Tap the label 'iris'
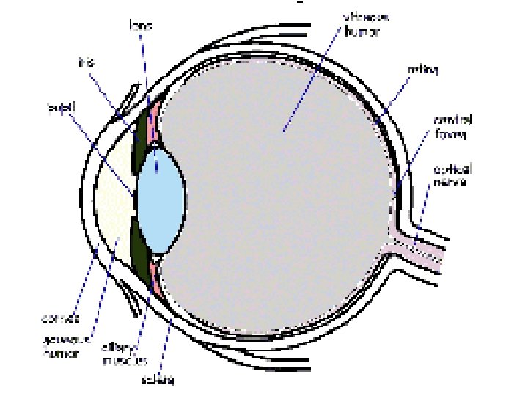[86, 63]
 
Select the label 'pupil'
[58, 109]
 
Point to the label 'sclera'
[159, 379]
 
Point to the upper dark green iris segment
[139, 139]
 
